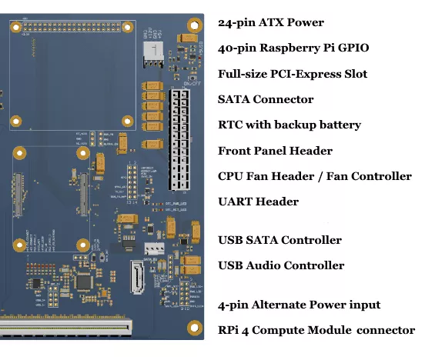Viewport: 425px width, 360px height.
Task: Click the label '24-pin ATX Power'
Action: pos(270,23)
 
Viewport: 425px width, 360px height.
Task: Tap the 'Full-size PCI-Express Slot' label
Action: pos(293,74)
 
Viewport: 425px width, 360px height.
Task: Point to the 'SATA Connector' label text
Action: pos(266,99)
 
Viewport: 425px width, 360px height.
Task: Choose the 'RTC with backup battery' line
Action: pos(289,125)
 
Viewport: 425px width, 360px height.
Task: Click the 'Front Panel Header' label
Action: pos(275,151)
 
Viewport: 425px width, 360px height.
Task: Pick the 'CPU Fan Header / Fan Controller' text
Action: pos(315,176)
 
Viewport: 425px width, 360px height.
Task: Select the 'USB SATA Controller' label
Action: pos(279,240)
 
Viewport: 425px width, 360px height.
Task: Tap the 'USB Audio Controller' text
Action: pos(281,265)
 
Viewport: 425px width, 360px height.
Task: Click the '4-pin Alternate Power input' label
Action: pos(299,305)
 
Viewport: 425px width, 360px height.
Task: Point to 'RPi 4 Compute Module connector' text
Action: pos(316,330)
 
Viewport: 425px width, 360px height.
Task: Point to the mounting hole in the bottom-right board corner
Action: pos(193,326)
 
